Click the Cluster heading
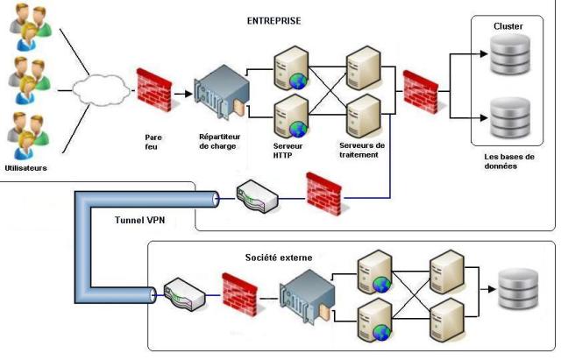point(508,26)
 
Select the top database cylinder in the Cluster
point(508,60)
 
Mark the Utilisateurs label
point(25,166)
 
